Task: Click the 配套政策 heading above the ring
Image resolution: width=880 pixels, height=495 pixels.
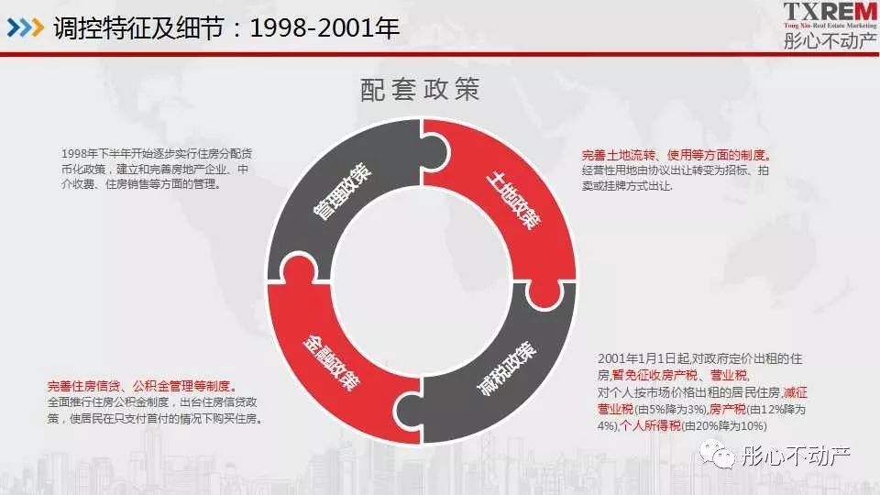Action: tap(421, 90)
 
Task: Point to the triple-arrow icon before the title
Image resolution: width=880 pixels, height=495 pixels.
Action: tap(25, 28)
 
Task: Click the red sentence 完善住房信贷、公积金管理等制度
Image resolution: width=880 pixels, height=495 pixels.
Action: tap(142, 386)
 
